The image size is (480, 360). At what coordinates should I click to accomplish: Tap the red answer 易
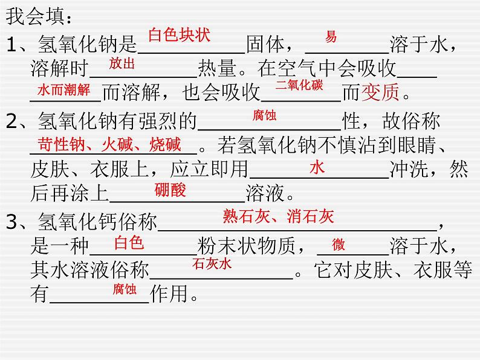click(331, 36)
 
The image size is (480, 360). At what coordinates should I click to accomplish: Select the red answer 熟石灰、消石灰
click(278, 216)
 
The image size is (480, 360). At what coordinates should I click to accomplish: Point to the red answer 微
click(339, 244)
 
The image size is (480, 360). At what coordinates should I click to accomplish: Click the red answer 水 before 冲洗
click(317, 168)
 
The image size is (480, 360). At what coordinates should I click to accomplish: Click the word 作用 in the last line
click(170, 294)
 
